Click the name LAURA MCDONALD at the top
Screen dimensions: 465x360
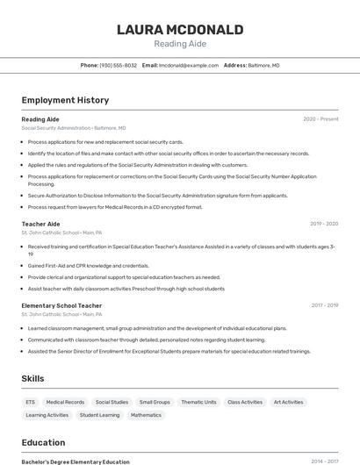[180, 30]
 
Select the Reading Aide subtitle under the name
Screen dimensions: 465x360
[180, 44]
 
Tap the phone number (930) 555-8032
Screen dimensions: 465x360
[118, 65]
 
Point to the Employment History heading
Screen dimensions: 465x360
[65, 100]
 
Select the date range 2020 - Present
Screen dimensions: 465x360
[320, 118]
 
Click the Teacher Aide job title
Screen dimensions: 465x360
[40, 224]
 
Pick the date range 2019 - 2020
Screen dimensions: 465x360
[324, 224]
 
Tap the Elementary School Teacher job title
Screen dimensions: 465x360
[61, 305]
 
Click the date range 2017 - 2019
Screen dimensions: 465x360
[324, 305]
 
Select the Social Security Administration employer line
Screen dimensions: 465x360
[74, 127]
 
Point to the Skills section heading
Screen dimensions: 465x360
[33, 378]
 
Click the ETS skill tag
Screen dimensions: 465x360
[30, 402]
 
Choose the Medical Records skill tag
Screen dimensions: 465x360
[65, 402]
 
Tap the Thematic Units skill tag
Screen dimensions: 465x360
[198, 402]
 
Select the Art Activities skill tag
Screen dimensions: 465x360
[288, 402]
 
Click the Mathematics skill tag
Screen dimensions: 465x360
[146, 415]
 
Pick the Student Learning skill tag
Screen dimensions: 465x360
[99, 415]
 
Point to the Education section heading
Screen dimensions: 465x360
[43, 442]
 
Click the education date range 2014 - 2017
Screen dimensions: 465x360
[324, 461]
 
